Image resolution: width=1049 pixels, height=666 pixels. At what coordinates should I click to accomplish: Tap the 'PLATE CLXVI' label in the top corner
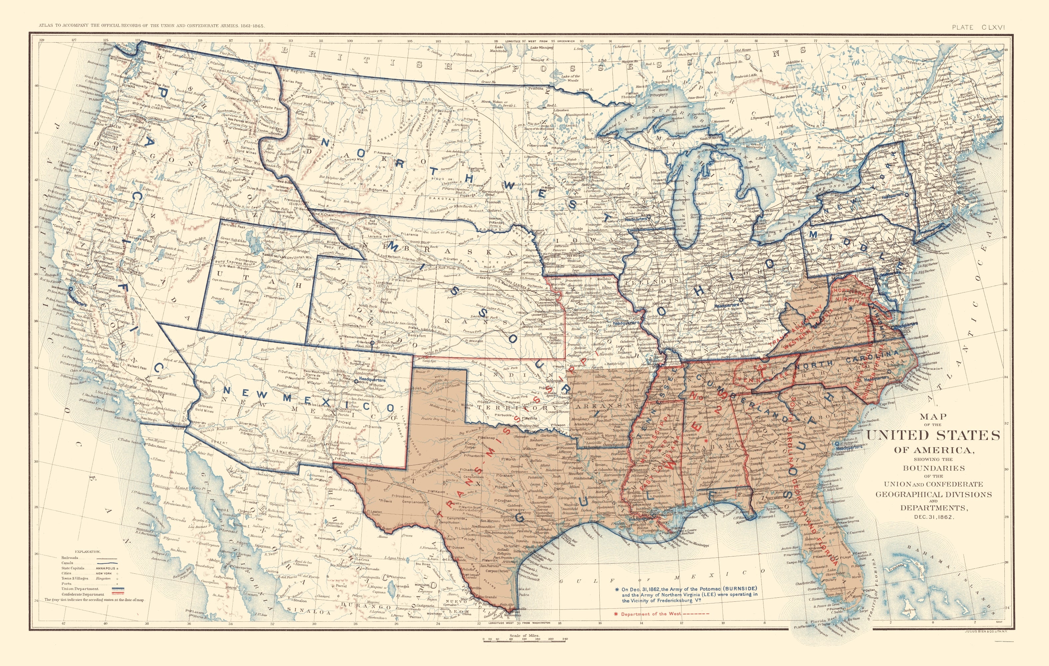coord(977,27)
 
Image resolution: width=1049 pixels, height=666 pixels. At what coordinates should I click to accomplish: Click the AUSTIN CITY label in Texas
coord(505,509)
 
